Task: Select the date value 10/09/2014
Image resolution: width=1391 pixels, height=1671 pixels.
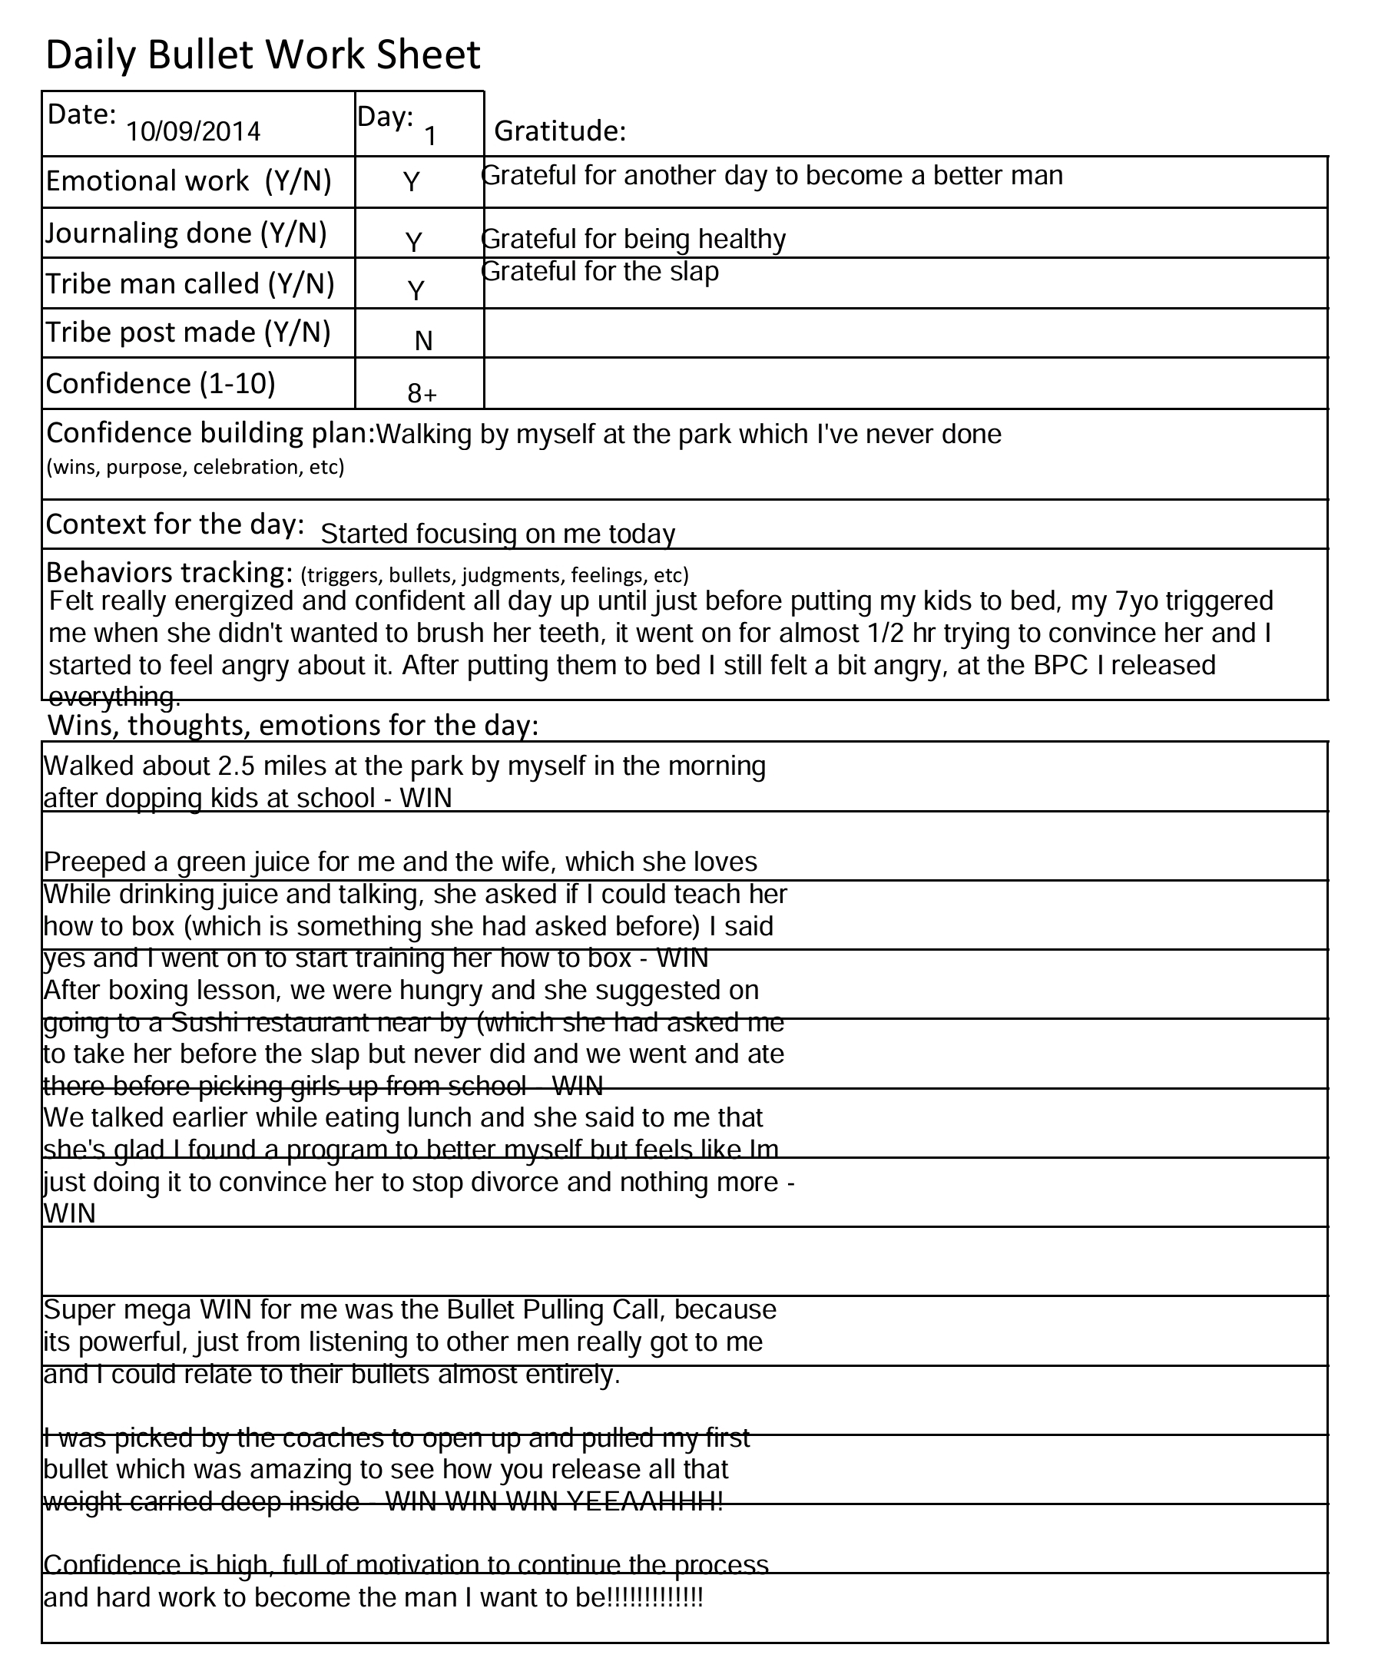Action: (194, 131)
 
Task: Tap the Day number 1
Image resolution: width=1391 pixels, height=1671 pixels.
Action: (430, 136)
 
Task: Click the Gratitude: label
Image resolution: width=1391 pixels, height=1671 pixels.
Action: (560, 131)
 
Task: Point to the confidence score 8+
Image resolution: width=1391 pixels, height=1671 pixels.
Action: (422, 393)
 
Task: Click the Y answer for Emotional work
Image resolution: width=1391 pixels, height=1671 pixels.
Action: (412, 182)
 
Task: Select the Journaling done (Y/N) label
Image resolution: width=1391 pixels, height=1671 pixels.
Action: (186, 233)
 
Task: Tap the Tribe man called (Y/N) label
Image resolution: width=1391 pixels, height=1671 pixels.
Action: (190, 283)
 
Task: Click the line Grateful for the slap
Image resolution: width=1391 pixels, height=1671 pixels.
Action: (601, 271)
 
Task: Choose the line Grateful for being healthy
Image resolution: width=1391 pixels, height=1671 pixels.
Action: (634, 239)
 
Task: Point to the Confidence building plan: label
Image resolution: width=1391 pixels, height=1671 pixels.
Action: (211, 433)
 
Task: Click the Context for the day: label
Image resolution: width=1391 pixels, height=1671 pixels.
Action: (175, 524)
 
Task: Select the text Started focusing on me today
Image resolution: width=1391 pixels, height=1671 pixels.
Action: (498, 533)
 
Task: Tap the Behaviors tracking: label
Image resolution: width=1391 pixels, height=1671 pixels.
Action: (171, 572)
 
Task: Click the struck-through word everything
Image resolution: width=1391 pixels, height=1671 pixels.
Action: (115, 697)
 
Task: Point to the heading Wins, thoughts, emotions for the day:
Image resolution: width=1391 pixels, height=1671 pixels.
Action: (293, 725)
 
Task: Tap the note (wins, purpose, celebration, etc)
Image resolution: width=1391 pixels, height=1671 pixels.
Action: (195, 467)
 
